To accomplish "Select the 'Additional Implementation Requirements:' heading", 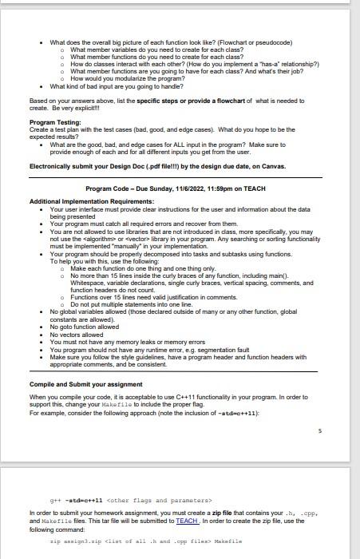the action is click(x=85, y=201).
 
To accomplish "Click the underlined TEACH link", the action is click(x=187, y=521).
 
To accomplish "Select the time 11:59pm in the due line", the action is click(x=239, y=188).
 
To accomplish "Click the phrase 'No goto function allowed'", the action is click(x=84, y=326).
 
